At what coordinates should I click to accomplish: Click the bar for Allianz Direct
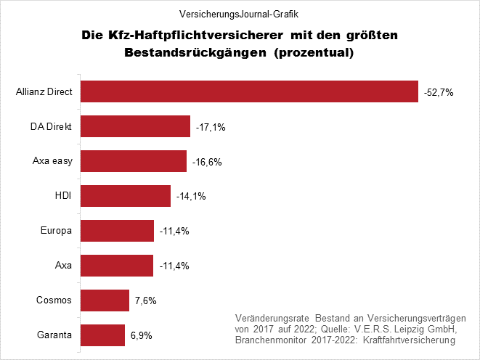[x=249, y=92]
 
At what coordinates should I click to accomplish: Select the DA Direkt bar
[x=135, y=126]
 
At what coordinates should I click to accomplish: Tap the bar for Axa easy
[x=133, y=161]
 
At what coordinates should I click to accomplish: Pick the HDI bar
[x=125, y=196]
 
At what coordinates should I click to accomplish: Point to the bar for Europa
[x=117, y=231]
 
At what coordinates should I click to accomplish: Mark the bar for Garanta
[x=102, y=335]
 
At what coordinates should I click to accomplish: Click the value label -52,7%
[x=439, y=92]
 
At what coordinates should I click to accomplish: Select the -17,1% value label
[x=211, y=127]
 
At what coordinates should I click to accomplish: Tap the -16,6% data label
[x=207, y=162]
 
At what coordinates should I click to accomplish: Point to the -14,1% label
[x=191, y=197]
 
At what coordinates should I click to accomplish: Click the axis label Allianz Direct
[x=44, y=92]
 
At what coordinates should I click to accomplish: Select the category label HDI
[x=62, y=196]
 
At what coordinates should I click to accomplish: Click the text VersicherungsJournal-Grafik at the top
[x=240, y=13]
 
